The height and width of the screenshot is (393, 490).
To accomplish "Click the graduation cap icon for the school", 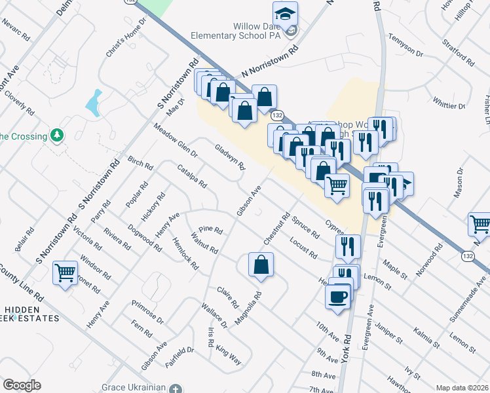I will click(x=285, y=13).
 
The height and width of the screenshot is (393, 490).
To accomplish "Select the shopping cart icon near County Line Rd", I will click(x=65, y=272).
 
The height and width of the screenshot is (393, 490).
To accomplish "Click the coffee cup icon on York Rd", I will click(x=337, y=296).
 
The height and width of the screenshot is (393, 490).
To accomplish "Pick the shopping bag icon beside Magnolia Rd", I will click(x=260, y=265).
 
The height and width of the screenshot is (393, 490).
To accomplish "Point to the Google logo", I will click(x=22, y=385).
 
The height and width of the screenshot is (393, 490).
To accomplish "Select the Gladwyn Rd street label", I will click(x=229, y=157).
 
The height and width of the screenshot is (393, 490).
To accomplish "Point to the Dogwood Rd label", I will click(x=145, y=238).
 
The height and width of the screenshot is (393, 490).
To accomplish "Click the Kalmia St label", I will click(x=426, y=337).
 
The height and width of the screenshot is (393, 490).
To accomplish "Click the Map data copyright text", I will click(x=462, y=388).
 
